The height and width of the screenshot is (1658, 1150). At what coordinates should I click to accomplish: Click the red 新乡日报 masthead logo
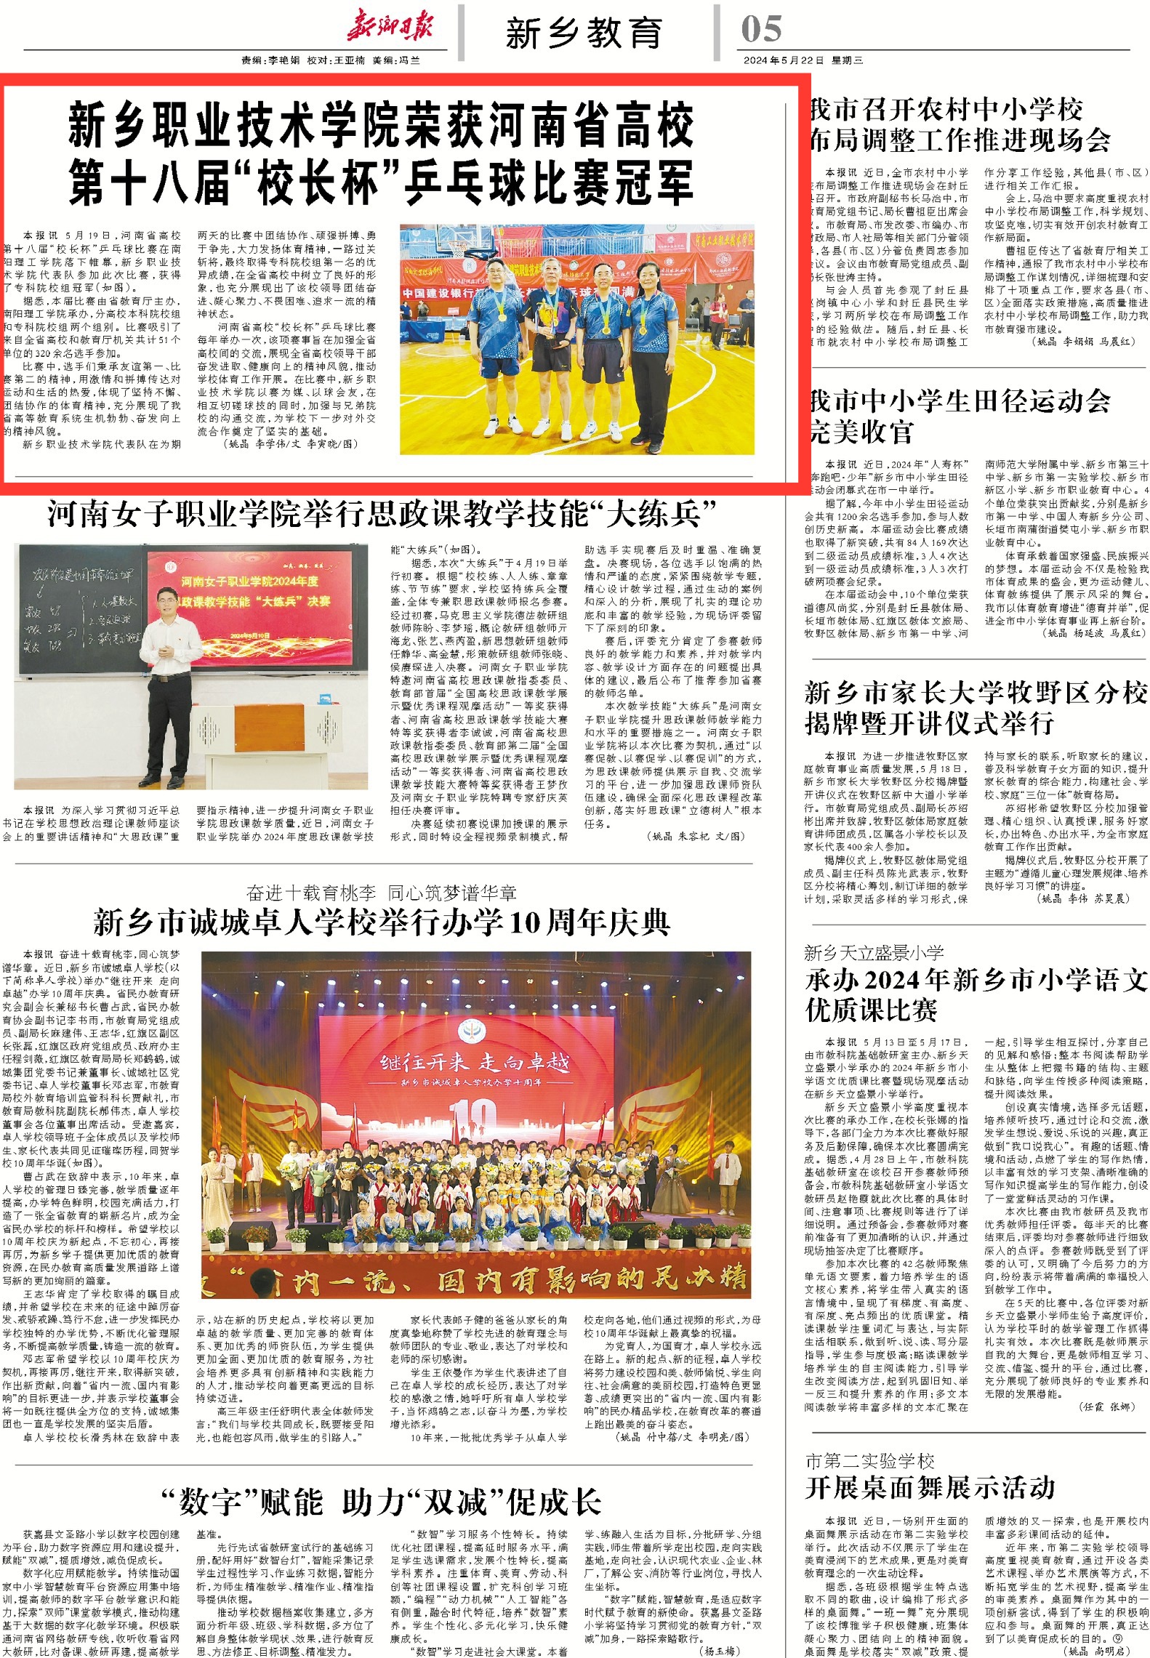(390, 28)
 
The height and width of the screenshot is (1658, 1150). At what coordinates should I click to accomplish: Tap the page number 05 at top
(761, 30)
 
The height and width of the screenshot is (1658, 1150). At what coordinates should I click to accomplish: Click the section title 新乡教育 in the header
(584, 33)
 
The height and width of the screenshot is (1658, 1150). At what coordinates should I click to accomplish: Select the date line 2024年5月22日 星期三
(803, 60)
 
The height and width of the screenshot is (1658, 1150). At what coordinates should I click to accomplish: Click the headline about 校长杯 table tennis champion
(381, 153)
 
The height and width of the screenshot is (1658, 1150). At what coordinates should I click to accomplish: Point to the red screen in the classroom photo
(249, 598)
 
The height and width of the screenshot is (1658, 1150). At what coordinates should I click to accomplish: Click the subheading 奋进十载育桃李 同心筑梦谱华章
(381, 893)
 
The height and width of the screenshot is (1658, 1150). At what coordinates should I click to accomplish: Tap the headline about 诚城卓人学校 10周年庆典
(381, 923)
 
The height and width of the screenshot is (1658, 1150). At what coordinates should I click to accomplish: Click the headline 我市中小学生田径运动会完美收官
(960, 416)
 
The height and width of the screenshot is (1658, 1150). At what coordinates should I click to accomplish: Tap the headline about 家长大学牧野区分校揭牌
(976, 707)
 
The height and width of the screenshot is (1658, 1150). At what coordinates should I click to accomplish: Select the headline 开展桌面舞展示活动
(930, 1487)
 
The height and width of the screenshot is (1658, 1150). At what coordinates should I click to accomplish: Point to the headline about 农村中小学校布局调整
(960, 125)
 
